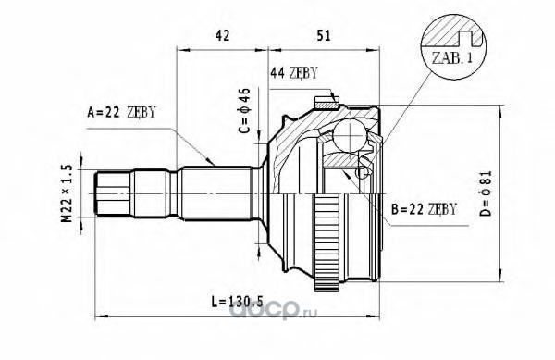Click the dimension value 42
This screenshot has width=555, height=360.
(x=222, y=35)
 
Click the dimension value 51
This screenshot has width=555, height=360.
(x=324, y=35)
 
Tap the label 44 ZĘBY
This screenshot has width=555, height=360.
(x=294, y=73)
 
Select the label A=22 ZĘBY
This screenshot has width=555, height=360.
(x=121, y=112)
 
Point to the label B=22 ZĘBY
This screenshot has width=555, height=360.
(x=424, y=209)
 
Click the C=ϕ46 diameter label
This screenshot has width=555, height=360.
(x=244, y=110)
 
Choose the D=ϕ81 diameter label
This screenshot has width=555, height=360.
(x=487, y=193)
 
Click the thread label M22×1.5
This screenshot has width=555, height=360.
(x=67, y=193)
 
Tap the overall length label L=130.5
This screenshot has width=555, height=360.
(x=237, y=302)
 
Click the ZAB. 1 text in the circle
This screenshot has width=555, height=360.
(x=452, y=57)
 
